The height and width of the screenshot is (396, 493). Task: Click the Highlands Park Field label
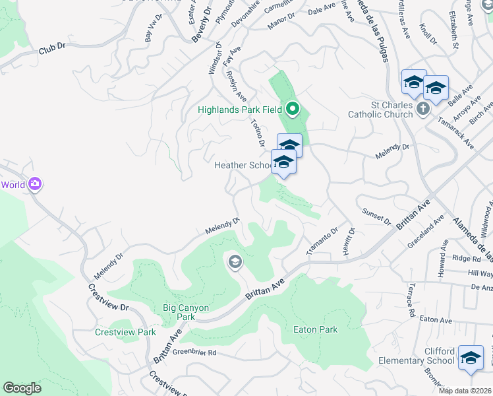[x=240, y=110]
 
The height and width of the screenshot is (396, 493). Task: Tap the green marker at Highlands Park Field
[x=292, y=110]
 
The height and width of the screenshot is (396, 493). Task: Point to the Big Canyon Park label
[x=178, y=312]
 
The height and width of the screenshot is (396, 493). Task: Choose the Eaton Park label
[x=316, y=329]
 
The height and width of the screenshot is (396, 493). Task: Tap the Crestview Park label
[x=125, y=332]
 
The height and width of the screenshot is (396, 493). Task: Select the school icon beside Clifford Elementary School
[x=470, y=358]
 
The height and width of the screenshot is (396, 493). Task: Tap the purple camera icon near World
[x=35, y=185]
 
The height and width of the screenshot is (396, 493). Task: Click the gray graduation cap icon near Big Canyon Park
[x=235, y=263]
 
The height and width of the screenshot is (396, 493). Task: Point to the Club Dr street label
[x=53, y=48]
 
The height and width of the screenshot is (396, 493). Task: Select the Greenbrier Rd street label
[x=194, y=352]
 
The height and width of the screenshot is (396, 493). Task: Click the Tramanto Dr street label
[x=322, y=242]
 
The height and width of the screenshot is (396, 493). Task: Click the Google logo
[x=22, y=388]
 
